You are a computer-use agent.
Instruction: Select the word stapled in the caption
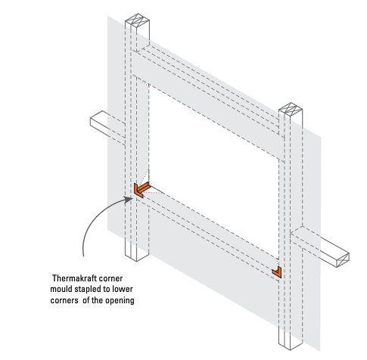tap(84, 289)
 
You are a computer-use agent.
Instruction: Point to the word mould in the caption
tap(59, 289)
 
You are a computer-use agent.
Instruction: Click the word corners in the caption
tap(64, 300)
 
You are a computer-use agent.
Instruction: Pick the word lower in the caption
tap(123, 289)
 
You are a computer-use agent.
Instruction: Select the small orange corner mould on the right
tap(278, 273)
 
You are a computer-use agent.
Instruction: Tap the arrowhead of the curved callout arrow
tap(129, 199)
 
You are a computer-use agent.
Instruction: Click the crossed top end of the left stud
tap(137, 20)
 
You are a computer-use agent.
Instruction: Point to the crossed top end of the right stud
tap(291, 109)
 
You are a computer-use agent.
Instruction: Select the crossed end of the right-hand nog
tap(344, 260)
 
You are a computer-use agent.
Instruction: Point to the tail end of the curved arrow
tap(83, 256)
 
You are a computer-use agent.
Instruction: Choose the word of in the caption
tap(86, 300)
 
